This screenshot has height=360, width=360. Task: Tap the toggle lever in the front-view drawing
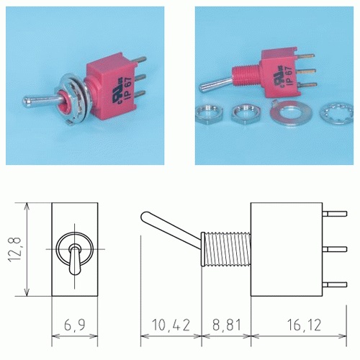[x=75, y=257]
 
